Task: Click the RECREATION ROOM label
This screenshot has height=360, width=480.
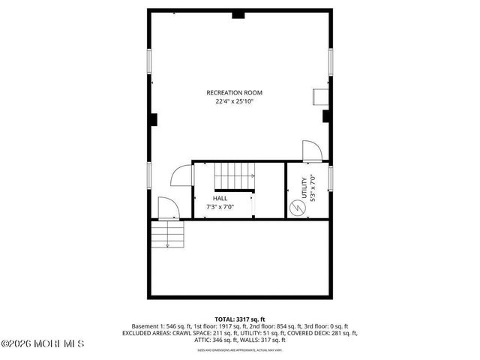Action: click(235, 92)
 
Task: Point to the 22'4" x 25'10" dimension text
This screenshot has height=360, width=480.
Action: click(235, 101)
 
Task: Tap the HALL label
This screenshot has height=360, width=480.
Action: click(220, 198)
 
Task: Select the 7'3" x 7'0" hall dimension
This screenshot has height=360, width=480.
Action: click(220, 207)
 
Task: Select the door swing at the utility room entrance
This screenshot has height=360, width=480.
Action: click(312, 149)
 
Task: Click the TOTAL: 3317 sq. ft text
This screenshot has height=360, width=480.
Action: click(239, 319)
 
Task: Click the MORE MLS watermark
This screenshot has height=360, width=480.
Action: click(43, 344)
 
